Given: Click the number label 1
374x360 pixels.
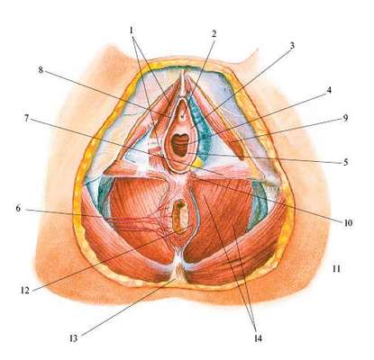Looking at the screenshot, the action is [132, 30].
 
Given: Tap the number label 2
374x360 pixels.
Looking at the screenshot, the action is [214, 34].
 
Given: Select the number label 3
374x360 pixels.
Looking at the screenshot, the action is [292, 46].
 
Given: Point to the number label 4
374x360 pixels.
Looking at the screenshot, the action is [329, 90].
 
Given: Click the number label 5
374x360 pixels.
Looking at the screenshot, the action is [346, 162].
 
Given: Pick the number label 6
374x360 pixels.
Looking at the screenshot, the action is [18, 208].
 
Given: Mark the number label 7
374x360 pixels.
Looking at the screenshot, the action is [26, 119].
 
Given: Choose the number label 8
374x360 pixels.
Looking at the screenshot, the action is [41, 70].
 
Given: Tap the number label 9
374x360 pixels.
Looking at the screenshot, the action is [345, 118].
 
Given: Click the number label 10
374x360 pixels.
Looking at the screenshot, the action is [348, 223].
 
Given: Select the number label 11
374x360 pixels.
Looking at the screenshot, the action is [336, 269].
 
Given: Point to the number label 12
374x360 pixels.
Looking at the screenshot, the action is [25, 290].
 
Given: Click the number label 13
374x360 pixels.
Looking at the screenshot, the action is [73, 338].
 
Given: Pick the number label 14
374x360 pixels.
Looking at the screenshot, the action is [258, 338].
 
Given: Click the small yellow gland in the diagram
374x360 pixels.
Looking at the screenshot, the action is [197, 163].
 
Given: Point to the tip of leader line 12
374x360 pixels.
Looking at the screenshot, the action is [191, 226].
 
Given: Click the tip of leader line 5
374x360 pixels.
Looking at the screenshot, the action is [187, 153].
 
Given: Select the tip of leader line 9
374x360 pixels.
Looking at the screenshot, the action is [232, 140].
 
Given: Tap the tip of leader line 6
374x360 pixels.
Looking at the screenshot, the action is [164, 220].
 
